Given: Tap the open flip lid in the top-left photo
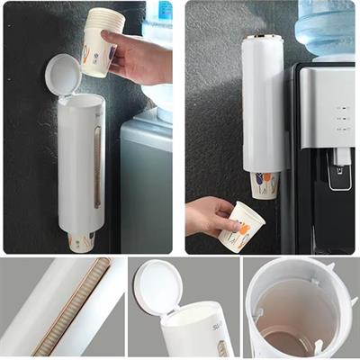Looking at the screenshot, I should coord(62,75).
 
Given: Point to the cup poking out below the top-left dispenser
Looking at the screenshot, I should coord(81,241).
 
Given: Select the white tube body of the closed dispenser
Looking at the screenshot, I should coord(262,108).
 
